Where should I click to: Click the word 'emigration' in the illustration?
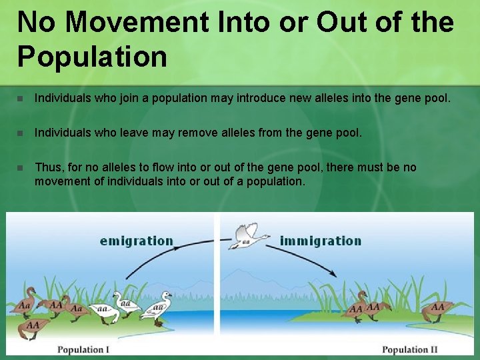coord(136,241)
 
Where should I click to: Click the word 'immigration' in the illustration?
coord(321,241)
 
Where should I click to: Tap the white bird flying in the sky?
coord(248,235)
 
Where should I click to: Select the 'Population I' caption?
coord(83,349)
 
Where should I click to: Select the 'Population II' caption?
coord(410,349)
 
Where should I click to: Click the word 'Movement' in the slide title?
coord(137,22)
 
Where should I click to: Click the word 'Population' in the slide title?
coord(92,56)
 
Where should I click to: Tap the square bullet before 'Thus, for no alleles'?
coord(20,167)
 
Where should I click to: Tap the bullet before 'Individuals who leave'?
coord(20,133)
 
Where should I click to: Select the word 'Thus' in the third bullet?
coord(47,167)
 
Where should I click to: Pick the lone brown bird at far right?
coord(438,309)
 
